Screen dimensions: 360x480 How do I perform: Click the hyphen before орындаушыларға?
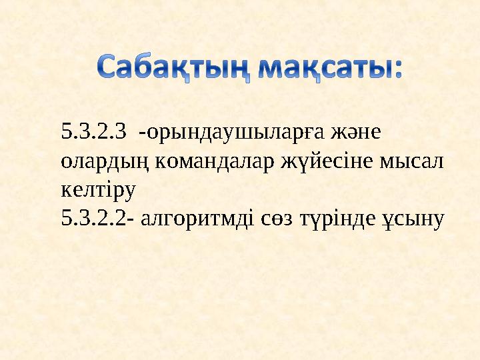coord(141,134)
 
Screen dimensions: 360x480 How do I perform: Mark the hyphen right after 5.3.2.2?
coord(129,220)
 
